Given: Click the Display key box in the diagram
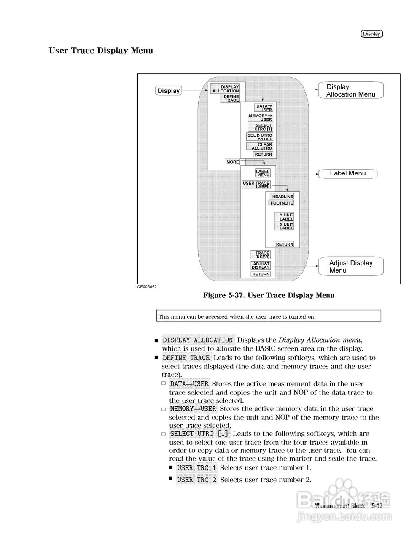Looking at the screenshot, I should point(168,91).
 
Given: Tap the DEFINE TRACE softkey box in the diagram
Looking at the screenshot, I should point(230,98).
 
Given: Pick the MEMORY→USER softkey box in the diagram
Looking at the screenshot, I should point(260,117).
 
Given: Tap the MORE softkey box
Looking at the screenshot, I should point(232,162).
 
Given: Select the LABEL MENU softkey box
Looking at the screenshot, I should point(263,173).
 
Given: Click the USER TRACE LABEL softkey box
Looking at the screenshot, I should point(256,185).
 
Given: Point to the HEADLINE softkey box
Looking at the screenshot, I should point(282,197).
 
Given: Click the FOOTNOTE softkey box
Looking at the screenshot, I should point(282,203).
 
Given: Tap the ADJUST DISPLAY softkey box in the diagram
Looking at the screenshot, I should point(261,265).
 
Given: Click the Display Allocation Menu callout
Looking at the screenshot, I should point(350,90).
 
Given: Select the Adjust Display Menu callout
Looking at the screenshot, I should point(351,266).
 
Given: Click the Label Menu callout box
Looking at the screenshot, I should point(347,173).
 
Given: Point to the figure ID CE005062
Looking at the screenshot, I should point(147,287).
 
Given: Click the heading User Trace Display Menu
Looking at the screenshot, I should point(101,51).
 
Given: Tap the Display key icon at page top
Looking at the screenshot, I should point(371,34).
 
